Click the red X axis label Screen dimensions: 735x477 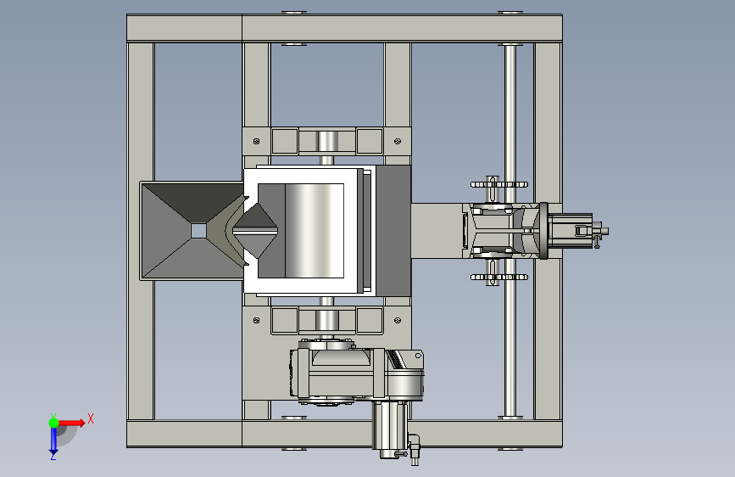point(91,418)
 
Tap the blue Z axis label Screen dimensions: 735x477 point(53,456)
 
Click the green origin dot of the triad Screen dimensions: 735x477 point(53,423)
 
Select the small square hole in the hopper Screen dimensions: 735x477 point(198,231)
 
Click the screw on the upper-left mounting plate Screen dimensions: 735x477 point(256,141)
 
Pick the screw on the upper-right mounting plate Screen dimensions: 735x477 point(398,141)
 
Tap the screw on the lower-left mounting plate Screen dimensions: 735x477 point(256,320)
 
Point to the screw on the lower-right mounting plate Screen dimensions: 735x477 point(398,320)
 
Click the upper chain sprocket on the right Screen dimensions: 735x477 point(498,184)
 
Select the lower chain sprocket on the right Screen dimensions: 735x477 point(498,277)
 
